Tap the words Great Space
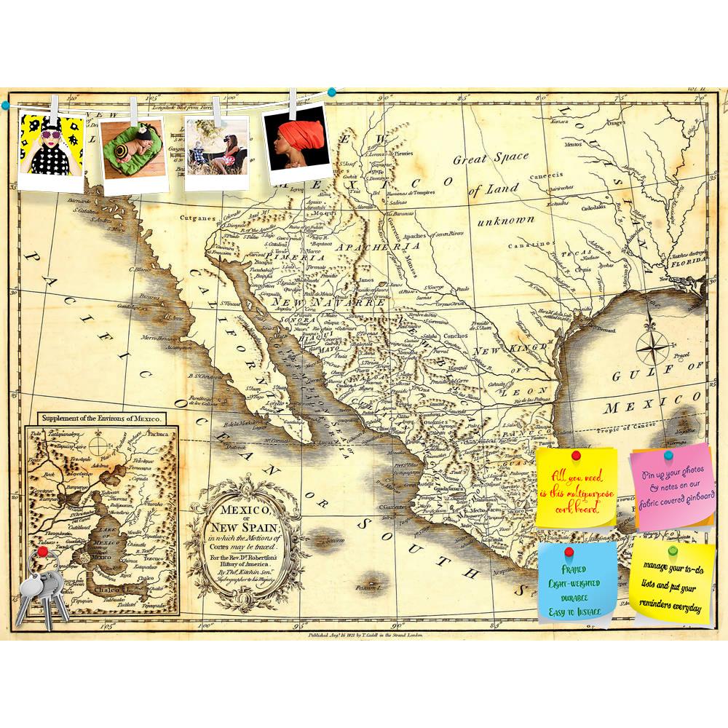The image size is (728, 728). point(491,159)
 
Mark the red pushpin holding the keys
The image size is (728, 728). point(43,553)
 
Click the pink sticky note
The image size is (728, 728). point(672,486)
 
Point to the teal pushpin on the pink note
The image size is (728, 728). point(668,454)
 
